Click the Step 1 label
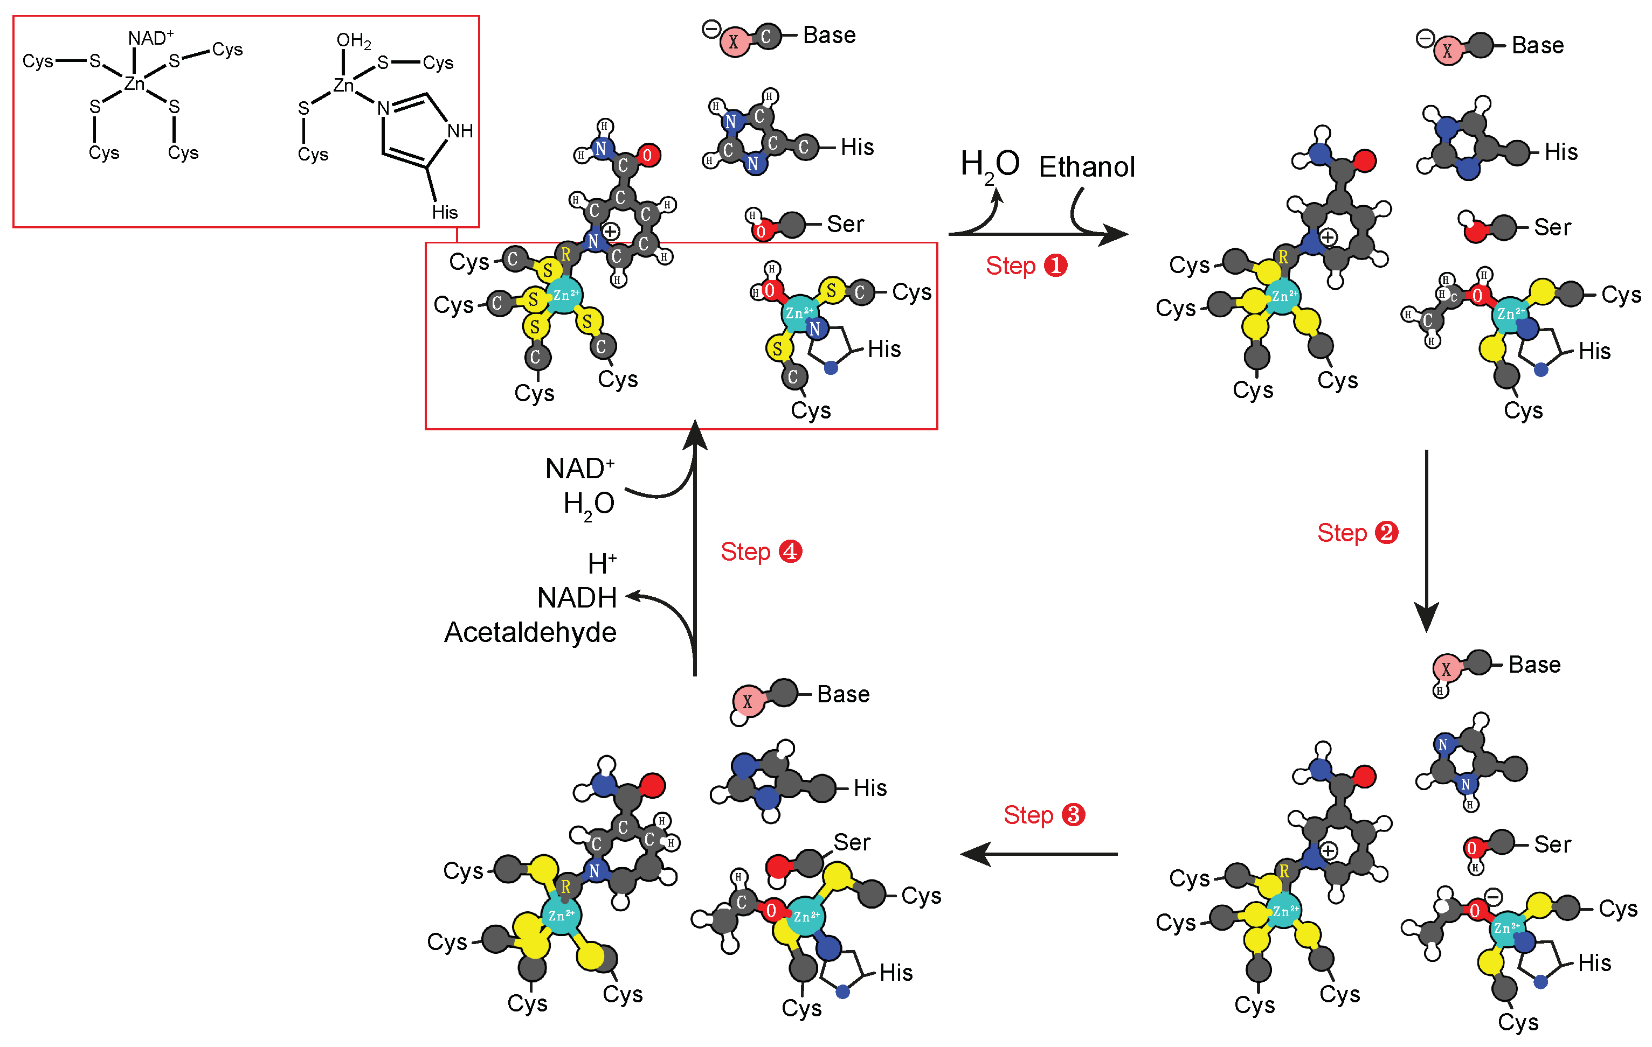point(1026,266)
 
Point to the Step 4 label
point(760,552)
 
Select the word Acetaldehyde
point(530,632)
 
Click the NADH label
point(576,598)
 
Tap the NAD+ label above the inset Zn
point(150,38)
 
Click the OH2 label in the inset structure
point(354,41)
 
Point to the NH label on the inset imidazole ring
point(460,131)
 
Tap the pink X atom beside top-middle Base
point(734,43)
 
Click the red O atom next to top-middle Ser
point(760,231)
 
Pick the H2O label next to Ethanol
point(989,165)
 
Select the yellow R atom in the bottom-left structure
point(565,886)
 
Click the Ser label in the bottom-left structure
point(852,842)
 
